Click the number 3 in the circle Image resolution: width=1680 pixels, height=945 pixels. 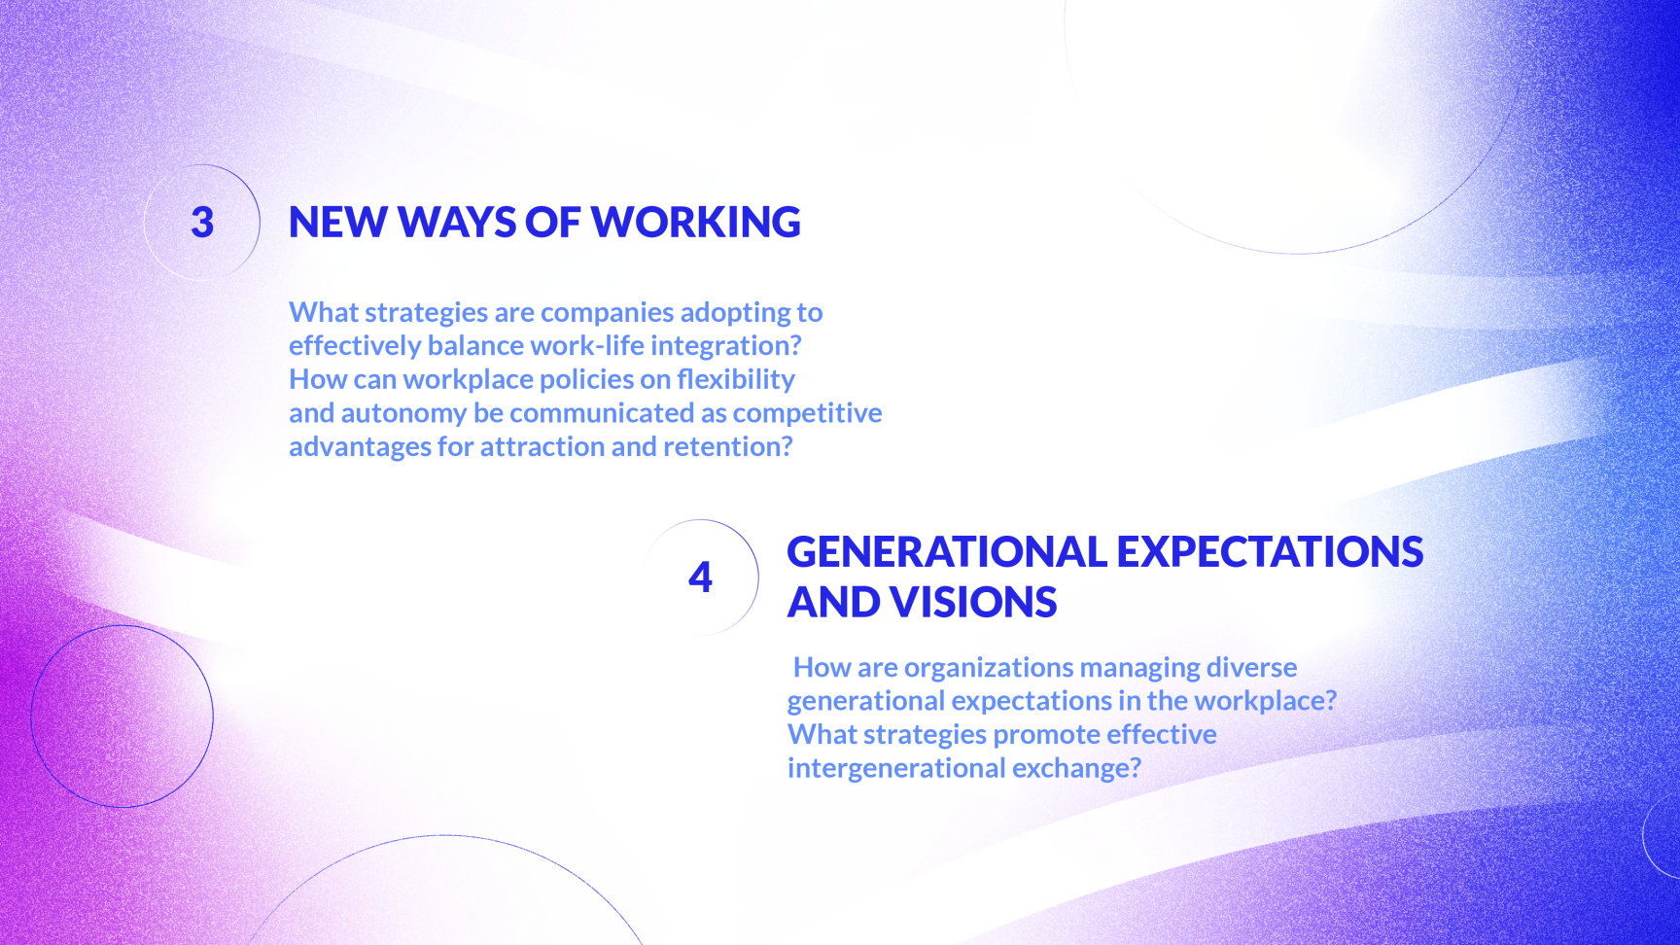point(202,223)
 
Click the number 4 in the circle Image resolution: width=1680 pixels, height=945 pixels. point(700,577)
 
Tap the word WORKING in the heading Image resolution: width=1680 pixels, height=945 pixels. point(696,223)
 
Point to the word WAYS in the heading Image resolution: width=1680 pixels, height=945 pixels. point(457,223)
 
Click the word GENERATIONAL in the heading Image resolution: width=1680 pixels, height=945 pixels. point(947,552)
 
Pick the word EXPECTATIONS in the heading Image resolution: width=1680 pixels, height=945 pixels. point(1271,552)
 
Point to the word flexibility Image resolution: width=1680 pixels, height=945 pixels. point(736,380)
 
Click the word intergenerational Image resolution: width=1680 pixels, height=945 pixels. point(896,769)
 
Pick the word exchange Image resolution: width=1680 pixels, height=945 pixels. point(1076,769)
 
